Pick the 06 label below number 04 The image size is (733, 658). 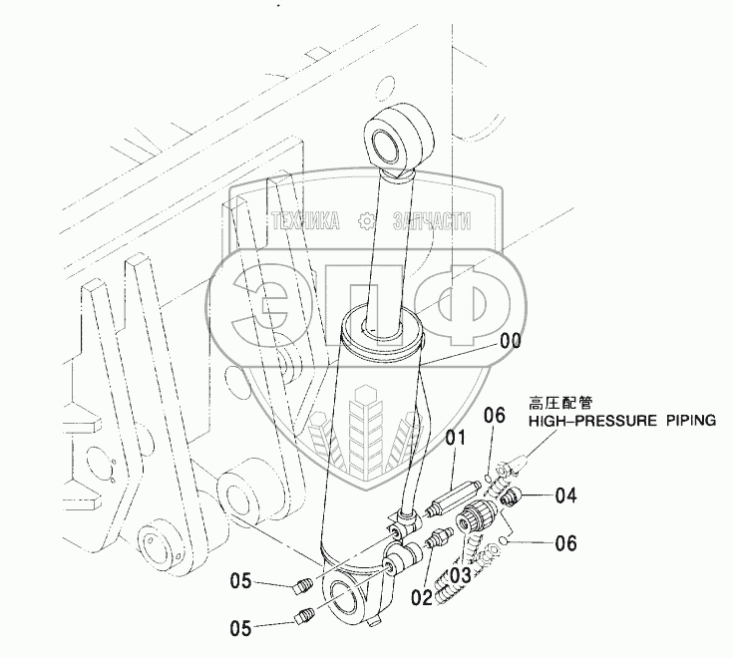[x=564, y=543]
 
